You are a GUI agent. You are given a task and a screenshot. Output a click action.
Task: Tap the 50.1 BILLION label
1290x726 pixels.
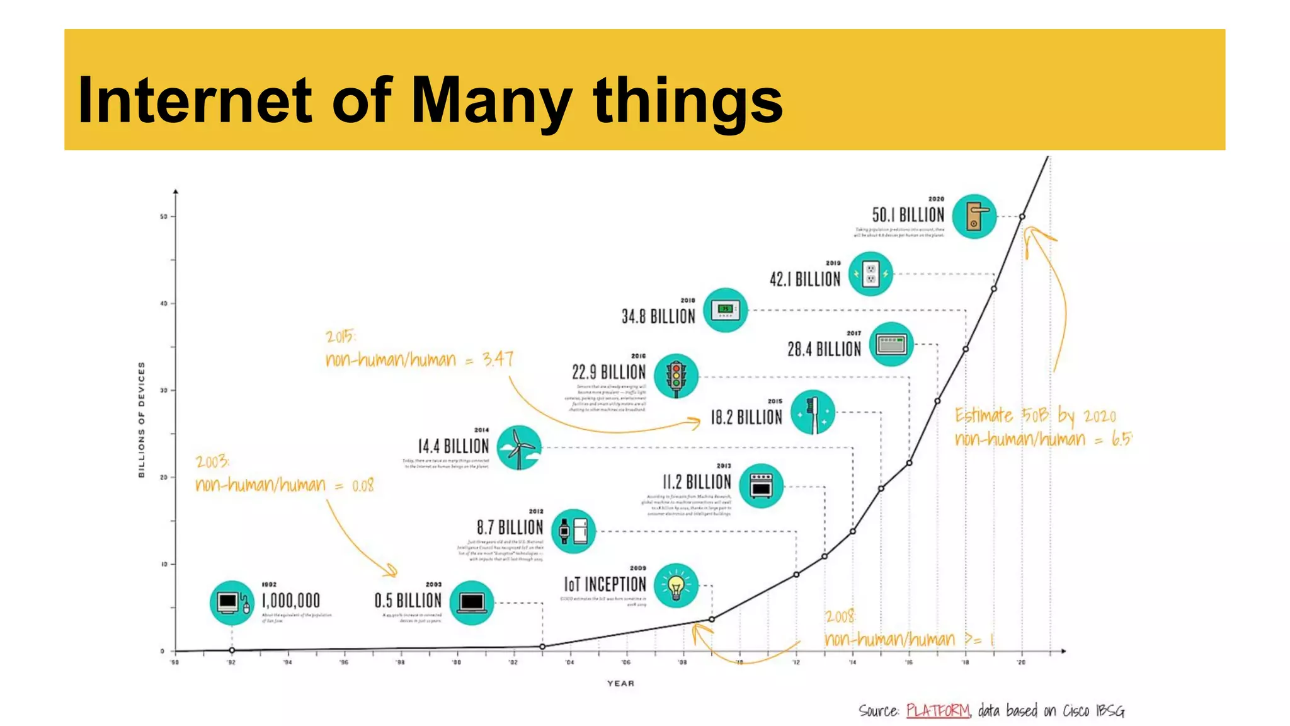908,215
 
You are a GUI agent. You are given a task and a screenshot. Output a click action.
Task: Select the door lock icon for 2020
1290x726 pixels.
974,216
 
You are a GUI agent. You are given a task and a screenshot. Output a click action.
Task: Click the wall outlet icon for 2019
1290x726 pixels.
870,274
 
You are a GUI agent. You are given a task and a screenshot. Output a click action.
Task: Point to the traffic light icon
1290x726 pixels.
676,377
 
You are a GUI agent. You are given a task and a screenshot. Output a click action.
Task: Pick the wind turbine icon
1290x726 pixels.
518,447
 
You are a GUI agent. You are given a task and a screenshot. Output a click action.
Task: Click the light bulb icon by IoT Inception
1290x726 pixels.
676,586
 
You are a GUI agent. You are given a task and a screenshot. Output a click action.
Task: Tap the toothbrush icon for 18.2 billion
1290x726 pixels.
813,413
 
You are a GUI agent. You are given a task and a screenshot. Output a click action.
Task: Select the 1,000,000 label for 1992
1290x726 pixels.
290,601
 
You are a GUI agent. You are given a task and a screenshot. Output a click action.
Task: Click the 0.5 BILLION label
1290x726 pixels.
408,601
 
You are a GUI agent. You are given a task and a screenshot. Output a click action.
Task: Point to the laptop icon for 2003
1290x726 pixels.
472,603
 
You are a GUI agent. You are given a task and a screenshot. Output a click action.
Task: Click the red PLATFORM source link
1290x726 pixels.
938,711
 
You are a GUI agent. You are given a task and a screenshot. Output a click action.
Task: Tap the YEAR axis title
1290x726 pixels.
620,683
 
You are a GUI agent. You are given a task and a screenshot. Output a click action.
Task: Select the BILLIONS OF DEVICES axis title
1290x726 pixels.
142,419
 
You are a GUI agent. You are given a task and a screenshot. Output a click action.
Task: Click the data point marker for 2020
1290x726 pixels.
1022,216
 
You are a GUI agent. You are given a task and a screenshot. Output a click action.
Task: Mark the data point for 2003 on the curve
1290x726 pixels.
542,647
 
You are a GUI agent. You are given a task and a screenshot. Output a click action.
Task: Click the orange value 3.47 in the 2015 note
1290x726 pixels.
498,359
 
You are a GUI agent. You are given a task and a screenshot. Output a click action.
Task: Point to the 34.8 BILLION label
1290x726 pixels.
658,316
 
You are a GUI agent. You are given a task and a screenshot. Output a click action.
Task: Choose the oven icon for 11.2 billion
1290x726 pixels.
761,487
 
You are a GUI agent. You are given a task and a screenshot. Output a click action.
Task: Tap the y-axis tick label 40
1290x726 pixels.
164,304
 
